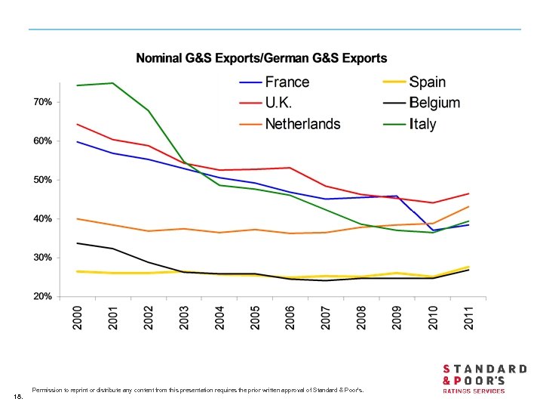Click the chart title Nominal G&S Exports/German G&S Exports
(x=261, y=57)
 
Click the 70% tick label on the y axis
(x=42, y=101)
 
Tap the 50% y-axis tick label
(x=42, y=180)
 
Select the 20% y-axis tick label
(x=42, y=296)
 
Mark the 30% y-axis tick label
(x=42, y=258)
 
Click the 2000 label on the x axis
(x=78, y=317)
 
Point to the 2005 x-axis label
(x=255, y=317)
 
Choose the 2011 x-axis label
(x=468, y=317)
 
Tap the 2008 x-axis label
(x=362, y=317)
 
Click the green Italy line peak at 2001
(x=112, y=83)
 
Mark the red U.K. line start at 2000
(x=78, y=124)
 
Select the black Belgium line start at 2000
(x=78, y=243)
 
